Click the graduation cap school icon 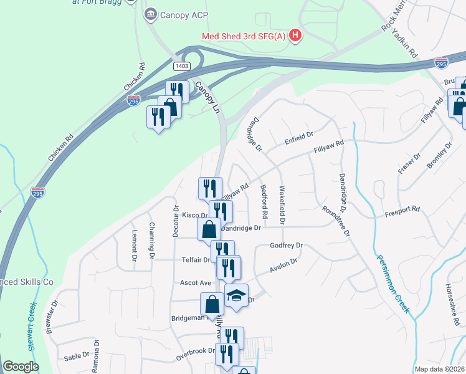pos(237,295)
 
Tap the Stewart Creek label pos(33,327)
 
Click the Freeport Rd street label pos(402,211)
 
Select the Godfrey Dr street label pos(286,246)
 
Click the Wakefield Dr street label pos(282,204)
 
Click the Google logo pos(21,367)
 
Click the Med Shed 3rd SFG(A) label pos(243,36)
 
